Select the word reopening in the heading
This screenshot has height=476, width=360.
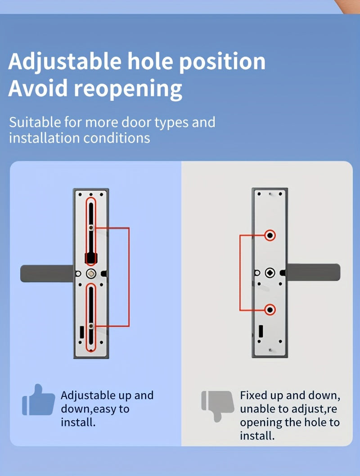click(128, 88)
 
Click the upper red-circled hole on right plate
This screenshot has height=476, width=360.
click(270, 235)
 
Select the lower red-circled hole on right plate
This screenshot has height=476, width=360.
click(270, 310)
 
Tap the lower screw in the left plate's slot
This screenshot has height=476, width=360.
click(91, 325)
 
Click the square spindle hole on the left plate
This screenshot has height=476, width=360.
click(91, 273)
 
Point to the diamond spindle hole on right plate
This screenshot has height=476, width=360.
click(270, 272)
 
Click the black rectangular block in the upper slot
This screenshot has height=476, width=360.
click(91, 258)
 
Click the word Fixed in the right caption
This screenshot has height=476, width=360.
click(253, 395)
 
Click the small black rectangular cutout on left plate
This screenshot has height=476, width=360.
click(81, 332)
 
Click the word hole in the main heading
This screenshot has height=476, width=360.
click(151, 62)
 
